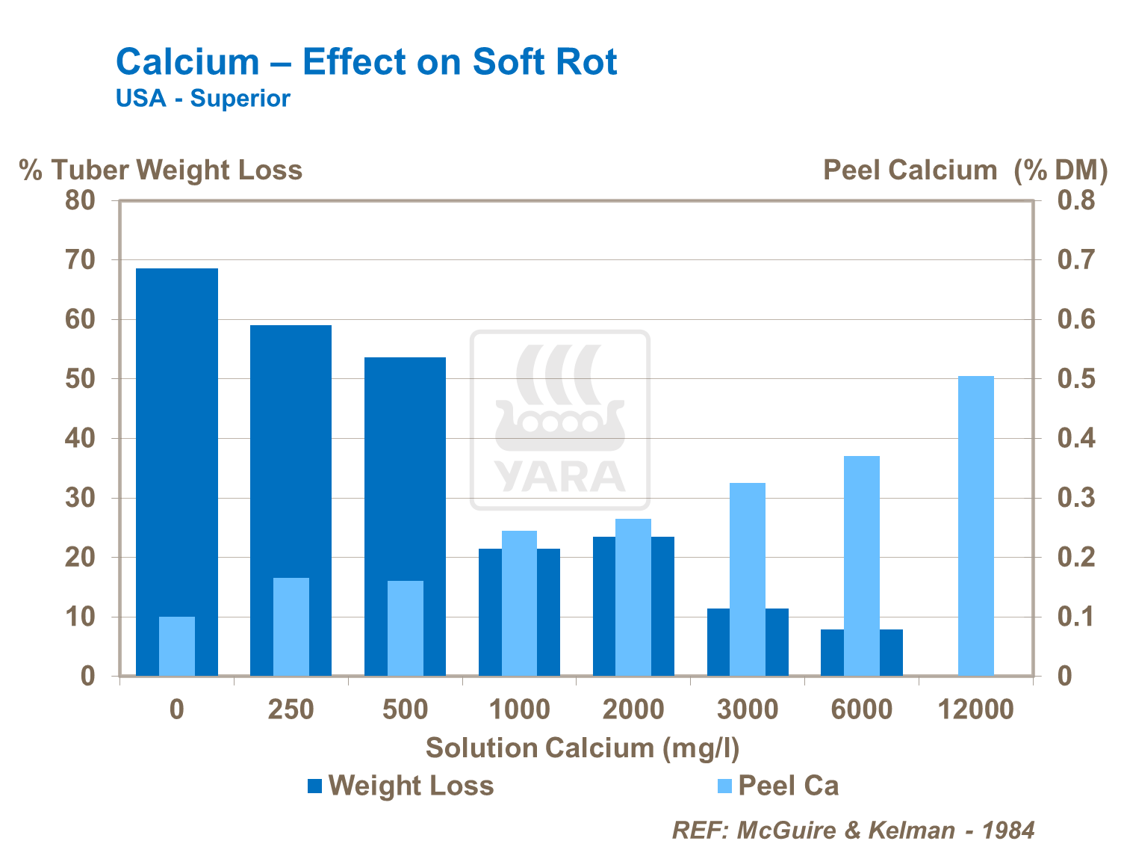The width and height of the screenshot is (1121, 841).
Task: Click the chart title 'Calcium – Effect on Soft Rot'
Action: tap(366, 62)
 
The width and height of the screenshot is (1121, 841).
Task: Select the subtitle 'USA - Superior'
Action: tap(202, 99)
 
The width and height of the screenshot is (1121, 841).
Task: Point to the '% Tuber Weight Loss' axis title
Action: tap(161, 170)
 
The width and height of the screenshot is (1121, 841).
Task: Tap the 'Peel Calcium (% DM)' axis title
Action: tap(964, 170)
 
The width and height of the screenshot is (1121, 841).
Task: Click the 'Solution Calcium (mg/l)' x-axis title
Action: tap(582, 748)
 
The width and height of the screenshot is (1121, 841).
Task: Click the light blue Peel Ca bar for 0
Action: tap(176, 646)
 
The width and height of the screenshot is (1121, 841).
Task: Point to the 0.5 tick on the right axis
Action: tap(1076, 379)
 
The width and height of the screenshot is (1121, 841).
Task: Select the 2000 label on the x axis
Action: tap(633, 709)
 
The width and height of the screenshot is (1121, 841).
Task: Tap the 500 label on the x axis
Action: tap(405, 709)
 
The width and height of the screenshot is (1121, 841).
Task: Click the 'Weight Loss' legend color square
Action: tap(314, 786)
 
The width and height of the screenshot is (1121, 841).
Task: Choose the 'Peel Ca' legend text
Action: tap(788, 786)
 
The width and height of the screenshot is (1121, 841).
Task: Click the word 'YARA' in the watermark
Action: tap(559, 476)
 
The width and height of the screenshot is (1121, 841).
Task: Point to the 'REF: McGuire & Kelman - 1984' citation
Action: tap(853, 830)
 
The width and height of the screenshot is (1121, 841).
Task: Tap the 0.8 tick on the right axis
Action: tap(1076, 200)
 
